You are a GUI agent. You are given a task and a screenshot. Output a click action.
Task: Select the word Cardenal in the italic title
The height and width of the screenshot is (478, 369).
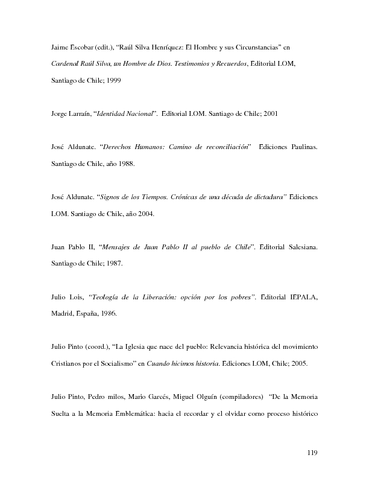pos(64,63)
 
